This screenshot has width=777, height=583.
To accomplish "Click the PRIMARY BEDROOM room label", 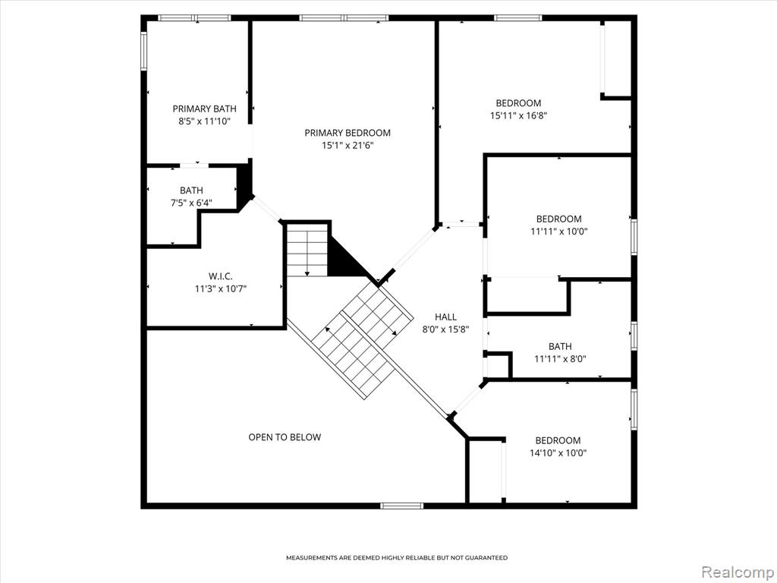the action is tap(348, 133).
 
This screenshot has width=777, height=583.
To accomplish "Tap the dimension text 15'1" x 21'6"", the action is tap(348, 146).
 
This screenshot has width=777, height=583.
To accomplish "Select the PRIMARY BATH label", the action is tap(205, 109).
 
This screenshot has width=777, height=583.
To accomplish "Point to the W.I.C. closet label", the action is tap(221, 276).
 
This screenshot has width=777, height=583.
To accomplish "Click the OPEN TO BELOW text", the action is tap(285, 437).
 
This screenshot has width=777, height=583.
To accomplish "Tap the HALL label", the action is tap(446, 317).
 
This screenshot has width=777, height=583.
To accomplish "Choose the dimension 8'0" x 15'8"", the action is tap(446, 329).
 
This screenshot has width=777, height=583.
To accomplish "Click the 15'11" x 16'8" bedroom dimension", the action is tap(518, 115).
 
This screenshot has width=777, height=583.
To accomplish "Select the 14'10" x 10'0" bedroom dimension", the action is tap(558, 452).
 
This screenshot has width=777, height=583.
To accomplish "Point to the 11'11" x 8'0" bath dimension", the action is tap(560, 359).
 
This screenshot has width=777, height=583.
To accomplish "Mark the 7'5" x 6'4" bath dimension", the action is tap(191, 202).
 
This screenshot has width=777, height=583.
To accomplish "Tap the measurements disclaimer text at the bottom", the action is tap(397, 558).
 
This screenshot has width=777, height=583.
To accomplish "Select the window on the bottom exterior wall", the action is tap(402, 506).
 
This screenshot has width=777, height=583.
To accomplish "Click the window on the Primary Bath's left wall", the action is tap(143, 51).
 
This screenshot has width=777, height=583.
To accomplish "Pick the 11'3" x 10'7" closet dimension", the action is tap(221, 289).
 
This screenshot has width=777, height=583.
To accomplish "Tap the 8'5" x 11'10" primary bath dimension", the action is tap(205, 121).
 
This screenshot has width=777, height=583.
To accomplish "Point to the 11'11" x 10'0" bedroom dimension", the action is tap(559, 232).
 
